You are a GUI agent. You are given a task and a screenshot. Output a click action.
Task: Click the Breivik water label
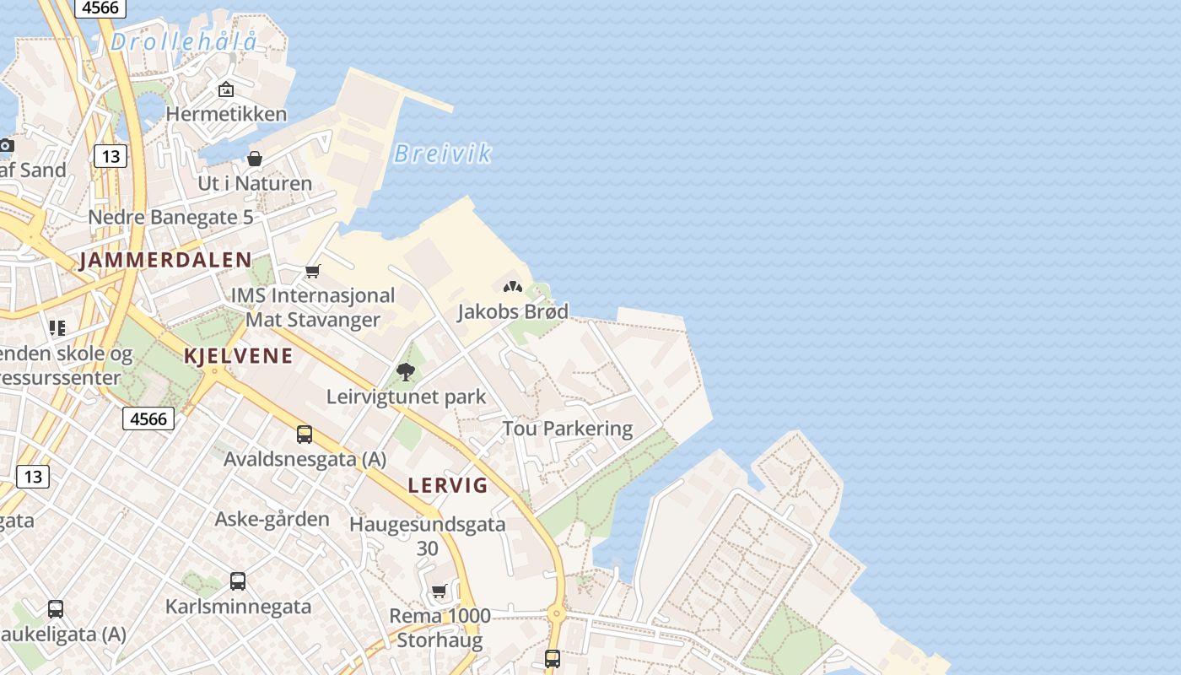[443, 154]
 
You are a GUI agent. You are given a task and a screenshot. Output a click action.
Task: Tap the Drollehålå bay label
[183, 40]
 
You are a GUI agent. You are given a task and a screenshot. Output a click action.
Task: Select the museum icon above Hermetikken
[226, 89]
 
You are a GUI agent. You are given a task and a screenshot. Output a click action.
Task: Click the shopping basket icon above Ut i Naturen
[254, 159]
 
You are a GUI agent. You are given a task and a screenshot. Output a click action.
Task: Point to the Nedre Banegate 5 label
[170, 217]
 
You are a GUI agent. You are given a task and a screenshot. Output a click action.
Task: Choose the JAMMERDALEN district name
[166, 260]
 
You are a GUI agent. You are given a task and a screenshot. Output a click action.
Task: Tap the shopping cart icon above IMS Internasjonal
[313, 271]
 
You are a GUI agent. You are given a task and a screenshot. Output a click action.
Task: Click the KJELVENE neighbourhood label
[239, 355]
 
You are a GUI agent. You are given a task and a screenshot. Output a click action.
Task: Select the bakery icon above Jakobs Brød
[513, 287]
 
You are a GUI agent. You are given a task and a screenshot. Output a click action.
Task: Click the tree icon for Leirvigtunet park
[406, 371]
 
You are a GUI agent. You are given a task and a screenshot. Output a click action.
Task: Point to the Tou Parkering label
[568, 429]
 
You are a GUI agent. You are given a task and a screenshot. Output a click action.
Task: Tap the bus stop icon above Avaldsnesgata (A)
[305, 435]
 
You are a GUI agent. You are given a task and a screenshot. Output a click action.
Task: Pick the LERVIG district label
[448, 485]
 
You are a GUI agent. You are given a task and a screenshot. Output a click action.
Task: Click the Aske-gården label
[272, 518]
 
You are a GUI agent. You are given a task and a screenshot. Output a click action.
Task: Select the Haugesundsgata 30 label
[428, 536]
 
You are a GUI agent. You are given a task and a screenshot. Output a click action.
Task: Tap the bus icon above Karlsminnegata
[238, 581]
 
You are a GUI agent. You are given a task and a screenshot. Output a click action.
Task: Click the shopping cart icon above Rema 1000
[439, 591]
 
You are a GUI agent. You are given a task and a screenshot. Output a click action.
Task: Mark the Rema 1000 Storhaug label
[440, 628]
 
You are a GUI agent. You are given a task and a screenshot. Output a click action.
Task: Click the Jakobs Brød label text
[513, 311]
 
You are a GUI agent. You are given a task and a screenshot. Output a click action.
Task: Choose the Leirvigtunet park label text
[406, 397]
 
